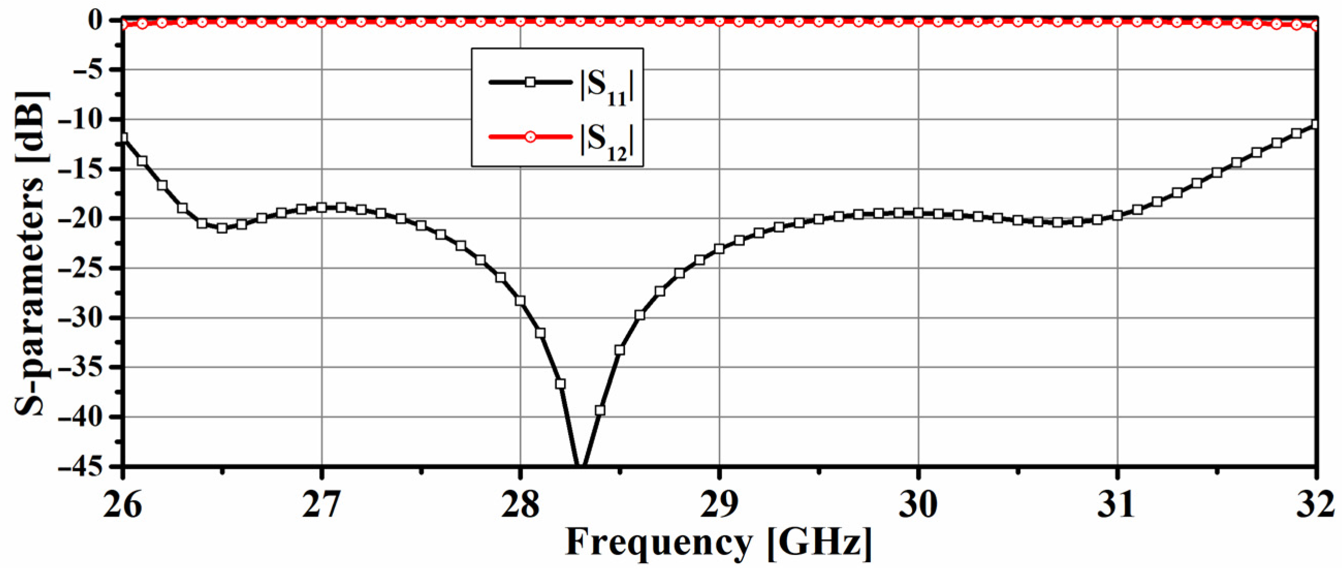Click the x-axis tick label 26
click(x=123, y=506)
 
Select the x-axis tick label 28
click(x=520, y=506)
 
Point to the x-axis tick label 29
click(x=719, y=506)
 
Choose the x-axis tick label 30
click(x=918, y=506)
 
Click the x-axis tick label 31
click(x=1117, y=506)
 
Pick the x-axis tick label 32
click(x=1316, y=506)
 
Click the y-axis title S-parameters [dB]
click(x=31, y=253)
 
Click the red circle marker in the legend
click(x=530, y=137)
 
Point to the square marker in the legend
click(x=530, y=82)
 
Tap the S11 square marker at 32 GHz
click(x=1315, y=124)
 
